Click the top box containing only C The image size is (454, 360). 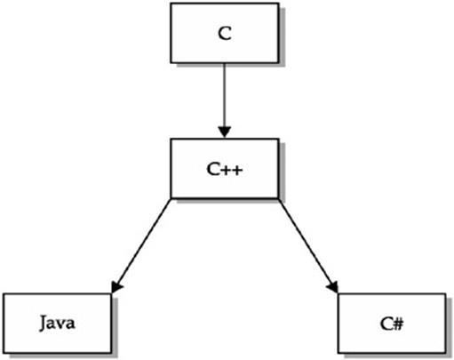(x=225, y=33)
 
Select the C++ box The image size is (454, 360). (x=225, y=168)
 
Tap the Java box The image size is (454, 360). (x=57, y=324)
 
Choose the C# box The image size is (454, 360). (x=392, y=324)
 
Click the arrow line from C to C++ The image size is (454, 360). (x=225, y=100)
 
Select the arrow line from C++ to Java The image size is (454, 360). (x=141, y=246)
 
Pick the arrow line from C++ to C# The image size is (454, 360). (x=308, y=246)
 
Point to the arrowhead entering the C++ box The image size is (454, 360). (x=225, y=132)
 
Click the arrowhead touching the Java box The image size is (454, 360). (x=116, y=287)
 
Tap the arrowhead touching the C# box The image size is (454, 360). (x=333, y=287)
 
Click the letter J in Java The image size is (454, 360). (x=44, y=324)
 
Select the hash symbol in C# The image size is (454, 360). (x=398, y=324)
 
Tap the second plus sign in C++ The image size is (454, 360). (x=237, y=170)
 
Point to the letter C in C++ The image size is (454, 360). (x=213, y=169)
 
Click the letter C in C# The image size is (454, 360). (x=386, y=324)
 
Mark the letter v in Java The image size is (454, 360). (x=61, y=324)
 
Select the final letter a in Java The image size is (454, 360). (x=71, y=324)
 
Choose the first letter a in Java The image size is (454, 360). (x=52, y=324)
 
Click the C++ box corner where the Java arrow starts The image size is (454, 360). (x=171, y=198)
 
